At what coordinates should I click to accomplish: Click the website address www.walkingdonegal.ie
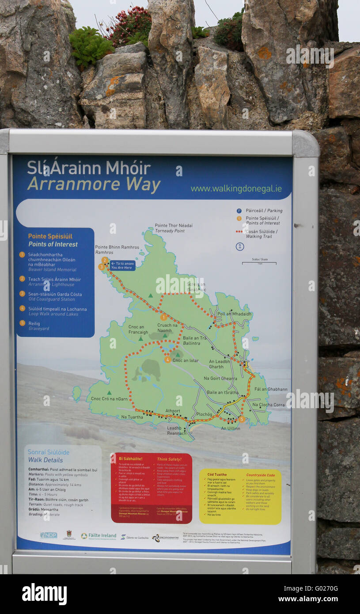(236, 189)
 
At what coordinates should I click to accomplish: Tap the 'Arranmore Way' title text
(94, 184)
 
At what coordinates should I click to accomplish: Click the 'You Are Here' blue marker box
(123, 265)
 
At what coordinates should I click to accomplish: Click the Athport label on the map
(173, 411)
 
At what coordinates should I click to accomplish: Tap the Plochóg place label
(205, 414)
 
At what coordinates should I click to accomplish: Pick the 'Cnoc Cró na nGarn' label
(109, 399)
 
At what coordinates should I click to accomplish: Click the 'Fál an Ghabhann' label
(271, 389)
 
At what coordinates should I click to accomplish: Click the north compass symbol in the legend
(240, 246)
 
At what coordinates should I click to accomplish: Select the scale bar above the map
(259, 263)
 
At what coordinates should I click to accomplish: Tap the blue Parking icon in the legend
(239, 211)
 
